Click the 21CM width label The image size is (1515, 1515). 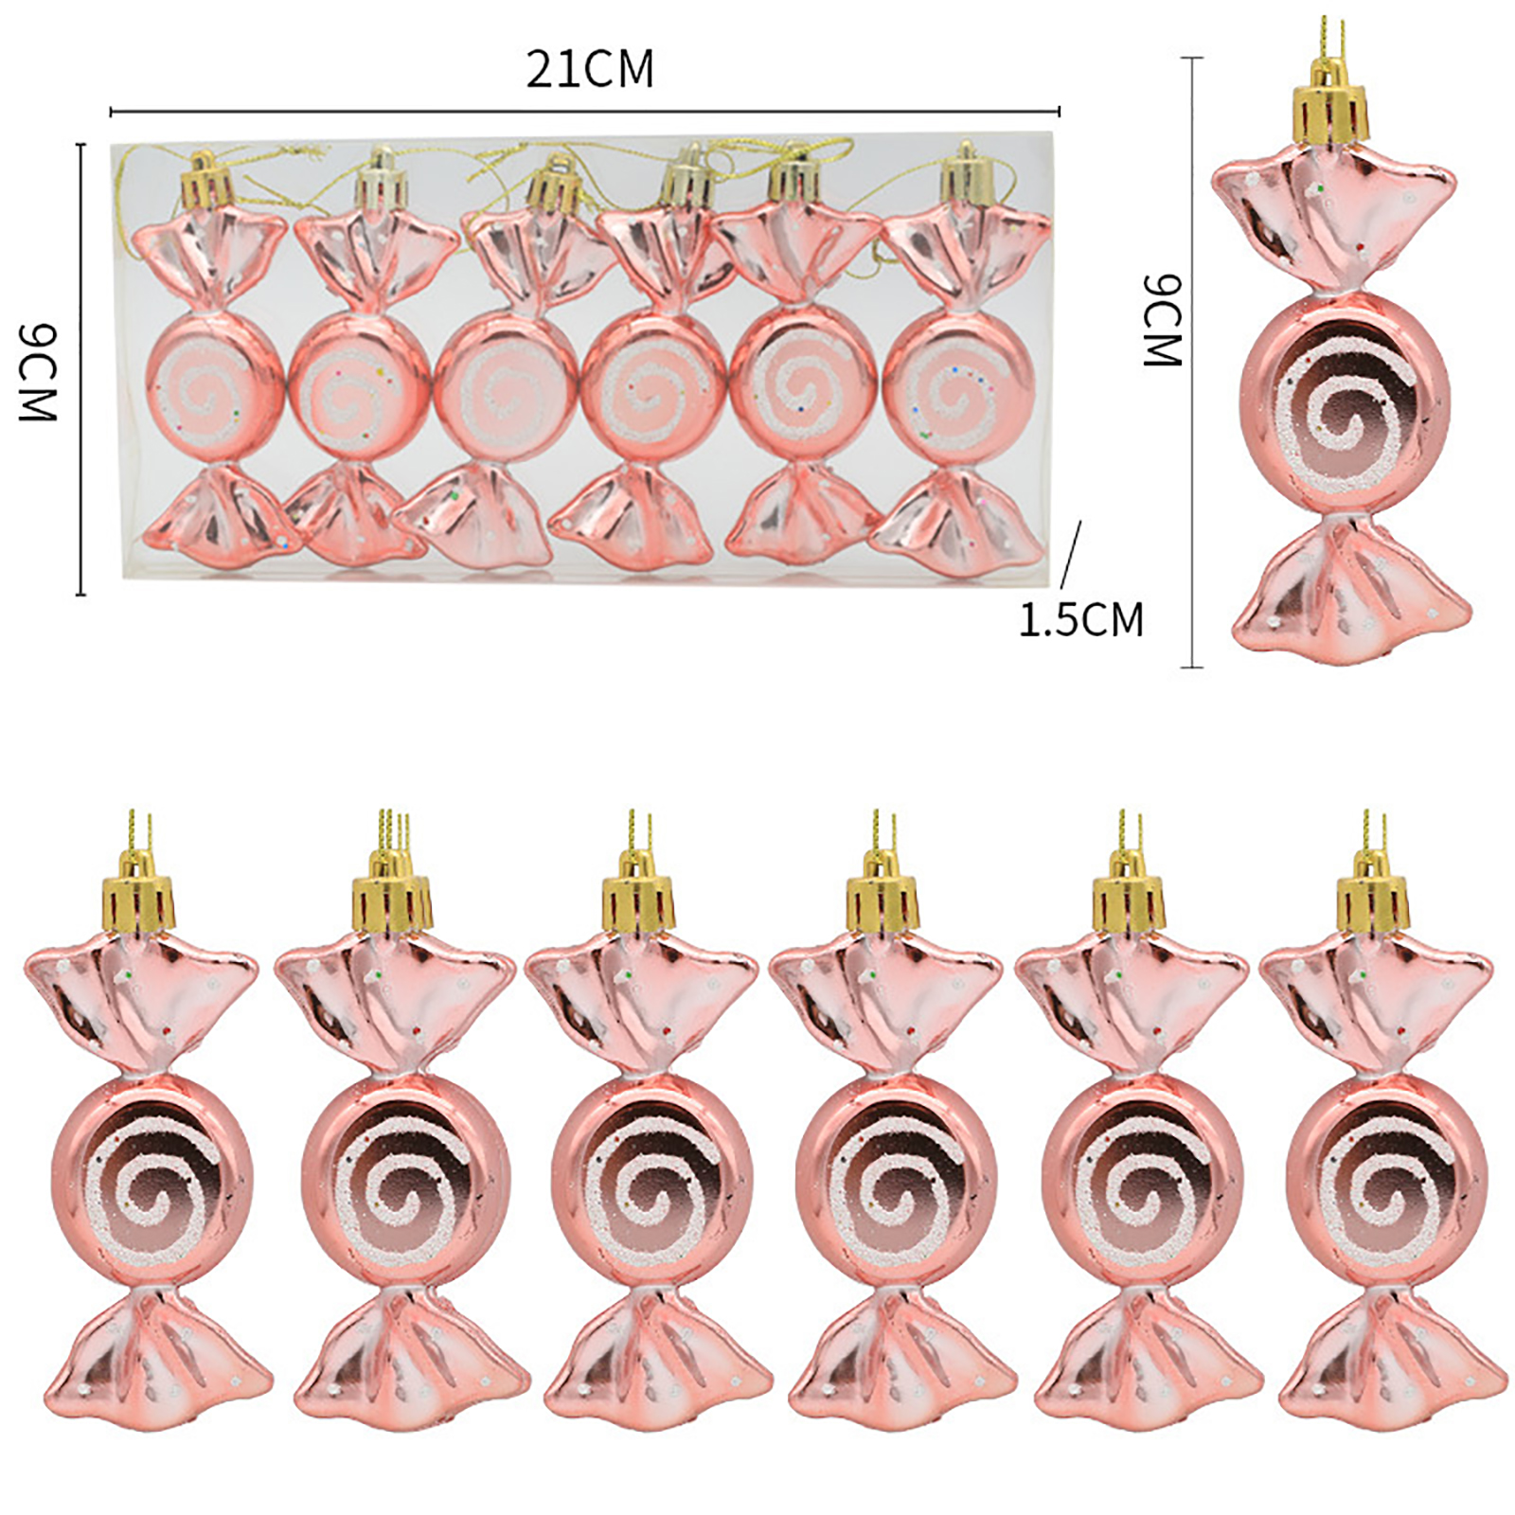tap(590, 69)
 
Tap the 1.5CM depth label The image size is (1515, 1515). tap(1081, 620)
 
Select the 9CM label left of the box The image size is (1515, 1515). tap(39, 370)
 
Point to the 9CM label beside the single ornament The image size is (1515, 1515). tap(1162, 319)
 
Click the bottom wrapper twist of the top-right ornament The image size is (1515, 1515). tap(1352, 586)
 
